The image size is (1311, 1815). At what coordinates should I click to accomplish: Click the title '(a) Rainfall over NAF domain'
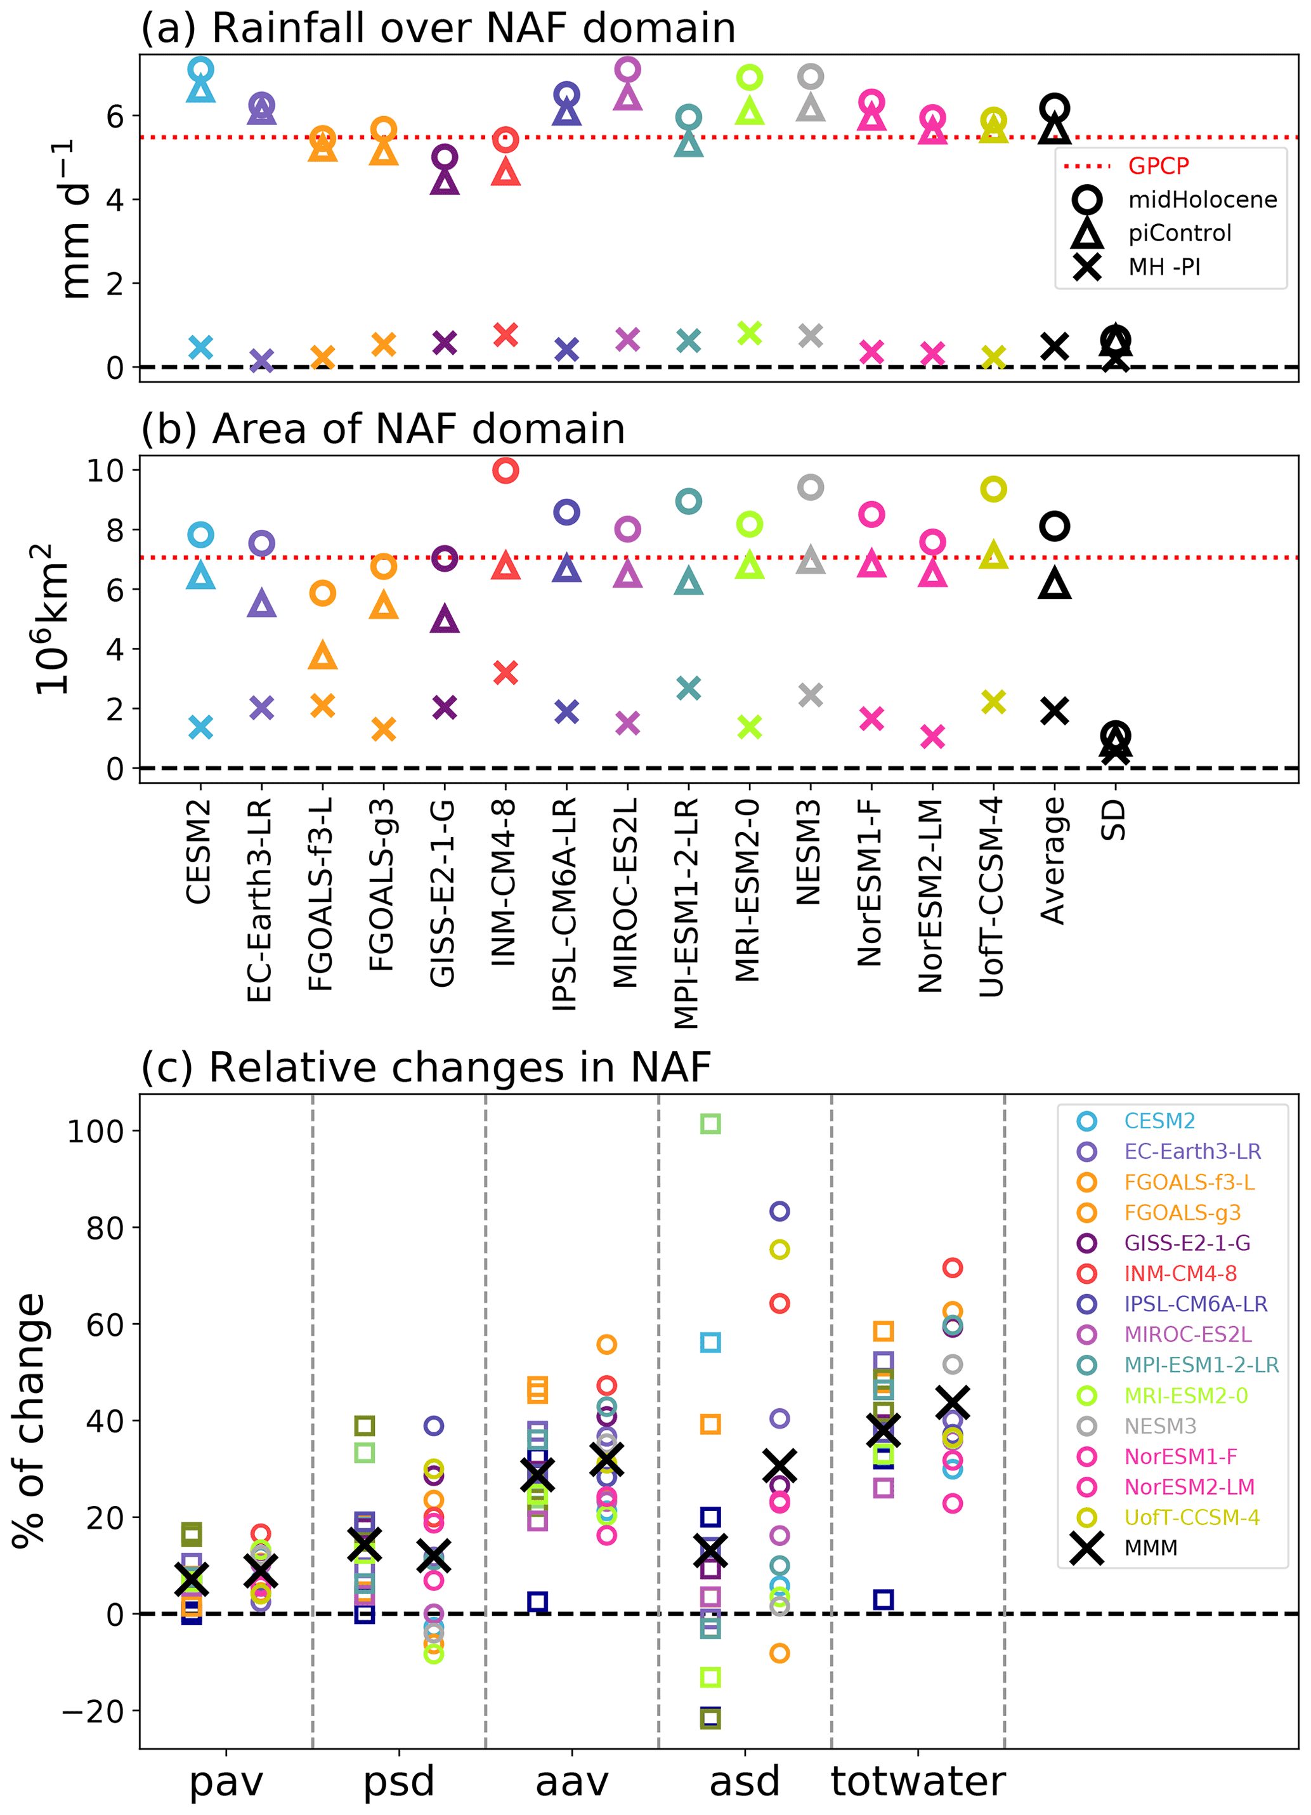438,28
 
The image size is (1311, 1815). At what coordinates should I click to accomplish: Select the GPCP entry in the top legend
1158,166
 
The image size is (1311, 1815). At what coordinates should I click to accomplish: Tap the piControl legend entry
1179,233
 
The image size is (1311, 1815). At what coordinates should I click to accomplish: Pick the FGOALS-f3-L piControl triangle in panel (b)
322,656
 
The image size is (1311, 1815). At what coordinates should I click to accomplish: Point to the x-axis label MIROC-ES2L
625,892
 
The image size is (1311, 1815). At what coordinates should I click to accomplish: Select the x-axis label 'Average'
1053,861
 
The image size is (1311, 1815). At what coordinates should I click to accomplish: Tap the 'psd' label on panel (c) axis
398,1781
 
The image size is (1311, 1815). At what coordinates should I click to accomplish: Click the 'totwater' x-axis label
918,1781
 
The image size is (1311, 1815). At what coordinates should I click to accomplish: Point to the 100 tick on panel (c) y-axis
95,1132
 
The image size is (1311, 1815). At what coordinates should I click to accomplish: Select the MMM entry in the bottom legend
1151,1548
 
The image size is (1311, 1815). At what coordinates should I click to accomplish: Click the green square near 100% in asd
710,1123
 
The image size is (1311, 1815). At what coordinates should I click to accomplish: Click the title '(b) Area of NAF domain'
382,429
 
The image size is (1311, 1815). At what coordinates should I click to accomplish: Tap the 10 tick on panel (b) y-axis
105,470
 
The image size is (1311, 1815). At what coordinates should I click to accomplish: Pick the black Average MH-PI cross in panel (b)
1054,711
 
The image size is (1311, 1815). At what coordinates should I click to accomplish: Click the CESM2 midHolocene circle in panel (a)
201,70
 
